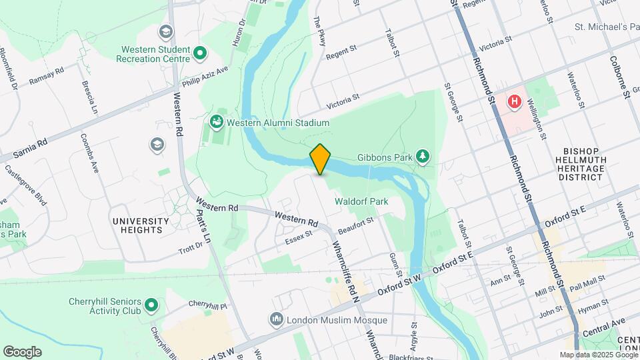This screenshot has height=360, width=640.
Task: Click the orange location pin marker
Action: (x=320, y=159)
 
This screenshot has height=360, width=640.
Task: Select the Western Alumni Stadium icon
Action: (x=216, y=122)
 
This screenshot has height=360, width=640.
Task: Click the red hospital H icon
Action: (x=514, y=102)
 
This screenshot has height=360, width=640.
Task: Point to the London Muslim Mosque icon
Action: (x=277, y=320)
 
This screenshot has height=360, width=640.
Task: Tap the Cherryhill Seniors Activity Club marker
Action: (x=151, y=306)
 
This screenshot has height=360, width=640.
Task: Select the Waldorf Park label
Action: (x=361, y=201)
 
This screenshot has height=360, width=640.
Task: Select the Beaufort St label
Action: (x=355, y=225)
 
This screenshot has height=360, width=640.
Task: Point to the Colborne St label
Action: (x=619, y=76)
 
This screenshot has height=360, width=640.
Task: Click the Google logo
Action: (x=22, y=351)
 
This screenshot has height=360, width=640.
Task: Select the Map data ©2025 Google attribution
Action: (x=598, y=355)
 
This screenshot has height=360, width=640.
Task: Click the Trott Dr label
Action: (x=195, y=248)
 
